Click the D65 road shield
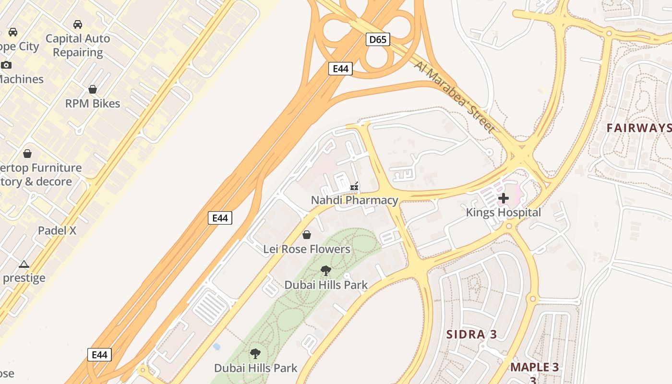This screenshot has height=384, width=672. click(x=378, y=39)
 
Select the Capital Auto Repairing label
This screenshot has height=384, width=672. click(x=78, y=45)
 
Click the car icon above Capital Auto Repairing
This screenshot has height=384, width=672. click(x=77, y=24)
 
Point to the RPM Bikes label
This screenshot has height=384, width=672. click(x=93, y=103)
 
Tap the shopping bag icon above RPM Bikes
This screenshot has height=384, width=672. click(x=93, y=89)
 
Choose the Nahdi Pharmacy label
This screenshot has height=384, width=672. click(x=355, y=200)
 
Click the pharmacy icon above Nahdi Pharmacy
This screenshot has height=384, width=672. click(x=355, y=186)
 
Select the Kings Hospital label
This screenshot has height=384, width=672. click(x=504, y=212)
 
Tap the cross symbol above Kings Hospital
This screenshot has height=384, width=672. click(x=504, y=198)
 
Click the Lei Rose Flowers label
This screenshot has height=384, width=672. click(x=307, y=249)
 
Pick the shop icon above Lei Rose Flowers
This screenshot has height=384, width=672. click(x=307, y=235)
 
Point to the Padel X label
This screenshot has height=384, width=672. click(x=57, y=230)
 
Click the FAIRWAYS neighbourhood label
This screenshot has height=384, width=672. click(x=638, y=128)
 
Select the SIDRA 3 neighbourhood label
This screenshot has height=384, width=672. click(x=471, y=335)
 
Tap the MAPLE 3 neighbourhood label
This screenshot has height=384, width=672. click(x=534, y=368)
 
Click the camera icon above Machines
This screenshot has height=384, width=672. click(x=6, y=65)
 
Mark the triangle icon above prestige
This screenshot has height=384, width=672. click(x=24, y=264)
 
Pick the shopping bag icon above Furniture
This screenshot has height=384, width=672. click(x=27, y=154)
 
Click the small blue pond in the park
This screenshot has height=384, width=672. click(x=216, y=346)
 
